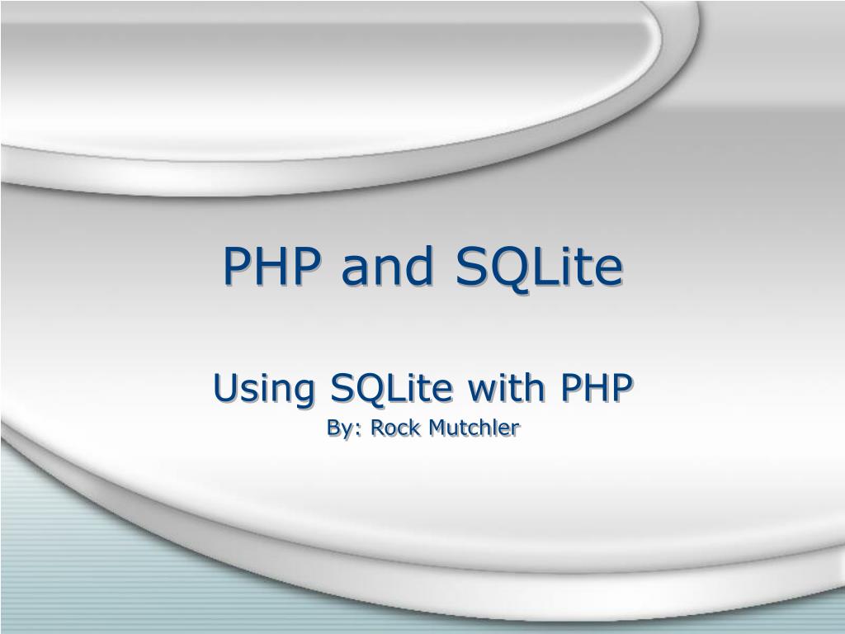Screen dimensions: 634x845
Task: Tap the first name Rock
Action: [x=394, y=427]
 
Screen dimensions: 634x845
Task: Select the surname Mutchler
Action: [x=473, y=427]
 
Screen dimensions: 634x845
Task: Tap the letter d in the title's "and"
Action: [x=416, y=266]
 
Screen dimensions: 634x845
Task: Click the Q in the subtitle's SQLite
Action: [x=358, y=388]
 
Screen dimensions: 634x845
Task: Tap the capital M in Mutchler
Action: [x=434, y=427]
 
